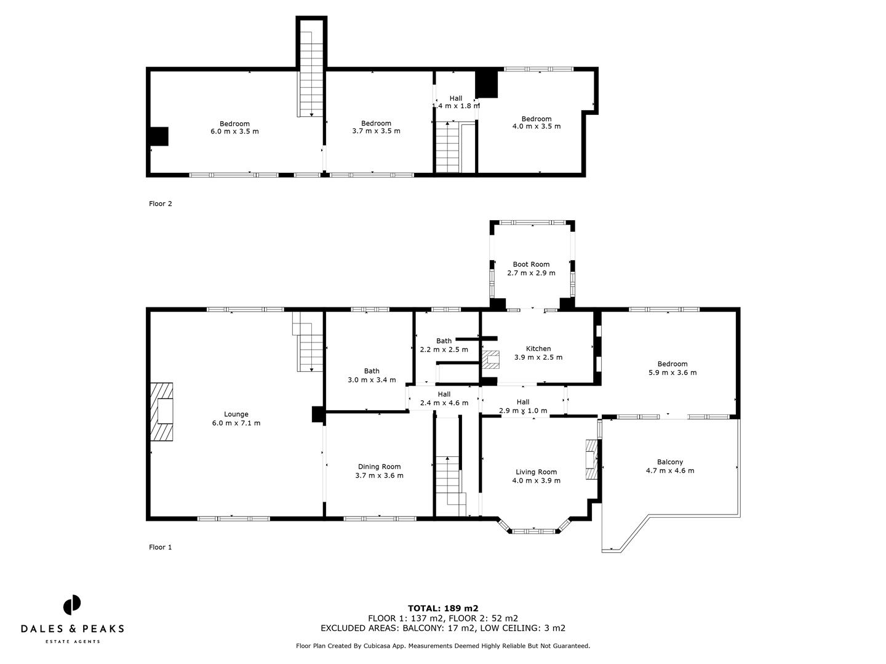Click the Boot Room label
(x=531, y=264)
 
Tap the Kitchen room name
(x=538, y=349)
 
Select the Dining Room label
(x=379, y=467)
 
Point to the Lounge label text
(x=236, y=414)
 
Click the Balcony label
(x=669, y=462)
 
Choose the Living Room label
(x=536, y=472)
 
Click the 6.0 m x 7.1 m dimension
(x=236, y=423)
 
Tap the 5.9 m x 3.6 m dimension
(x=672, y=373)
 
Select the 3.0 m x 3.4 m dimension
(x=372, y=380)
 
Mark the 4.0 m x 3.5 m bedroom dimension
(x=537, y=126)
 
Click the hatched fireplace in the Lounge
(x=161, y=412)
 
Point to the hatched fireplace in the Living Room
(x=591, y=459)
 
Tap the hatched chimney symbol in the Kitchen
(x=490, y=360)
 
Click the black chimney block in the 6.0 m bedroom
(x=159, y=136)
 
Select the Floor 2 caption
(x=160, y=204)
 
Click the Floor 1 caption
(x=160, y=547)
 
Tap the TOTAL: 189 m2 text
(x=443, y=609)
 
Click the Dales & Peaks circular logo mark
(x=72, y=605)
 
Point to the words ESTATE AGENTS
(x=72, y=641)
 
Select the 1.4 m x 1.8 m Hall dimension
(x=456, y=106)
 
